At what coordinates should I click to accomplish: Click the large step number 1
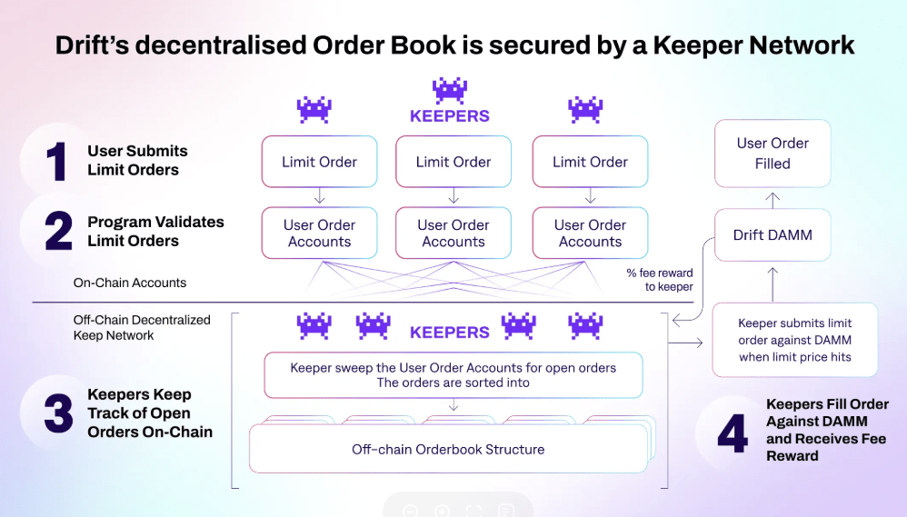(57, 162)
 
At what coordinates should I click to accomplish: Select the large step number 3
(58, 413)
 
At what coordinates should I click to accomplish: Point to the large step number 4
(732, 433)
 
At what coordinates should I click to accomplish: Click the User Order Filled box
(772, 154)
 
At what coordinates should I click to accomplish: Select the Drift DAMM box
(772, 235)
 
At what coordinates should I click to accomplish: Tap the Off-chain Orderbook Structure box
(448, 449)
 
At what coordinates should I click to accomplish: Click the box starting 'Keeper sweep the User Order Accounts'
(453, 375)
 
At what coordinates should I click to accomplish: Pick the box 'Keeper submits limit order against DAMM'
(794, 340)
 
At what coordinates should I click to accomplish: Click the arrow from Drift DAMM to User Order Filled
(772, 198)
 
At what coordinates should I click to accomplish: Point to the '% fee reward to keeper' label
(659, 280)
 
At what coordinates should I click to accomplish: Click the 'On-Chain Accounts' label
(130, 283)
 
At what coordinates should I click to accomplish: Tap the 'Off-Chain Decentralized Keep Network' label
(142, 327)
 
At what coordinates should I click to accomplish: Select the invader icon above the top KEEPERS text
(449, 90)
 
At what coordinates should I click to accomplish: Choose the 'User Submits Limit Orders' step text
(137, 161)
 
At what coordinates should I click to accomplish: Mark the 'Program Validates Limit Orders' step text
(155, 232)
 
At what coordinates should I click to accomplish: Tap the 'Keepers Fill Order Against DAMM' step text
(827, 430)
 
